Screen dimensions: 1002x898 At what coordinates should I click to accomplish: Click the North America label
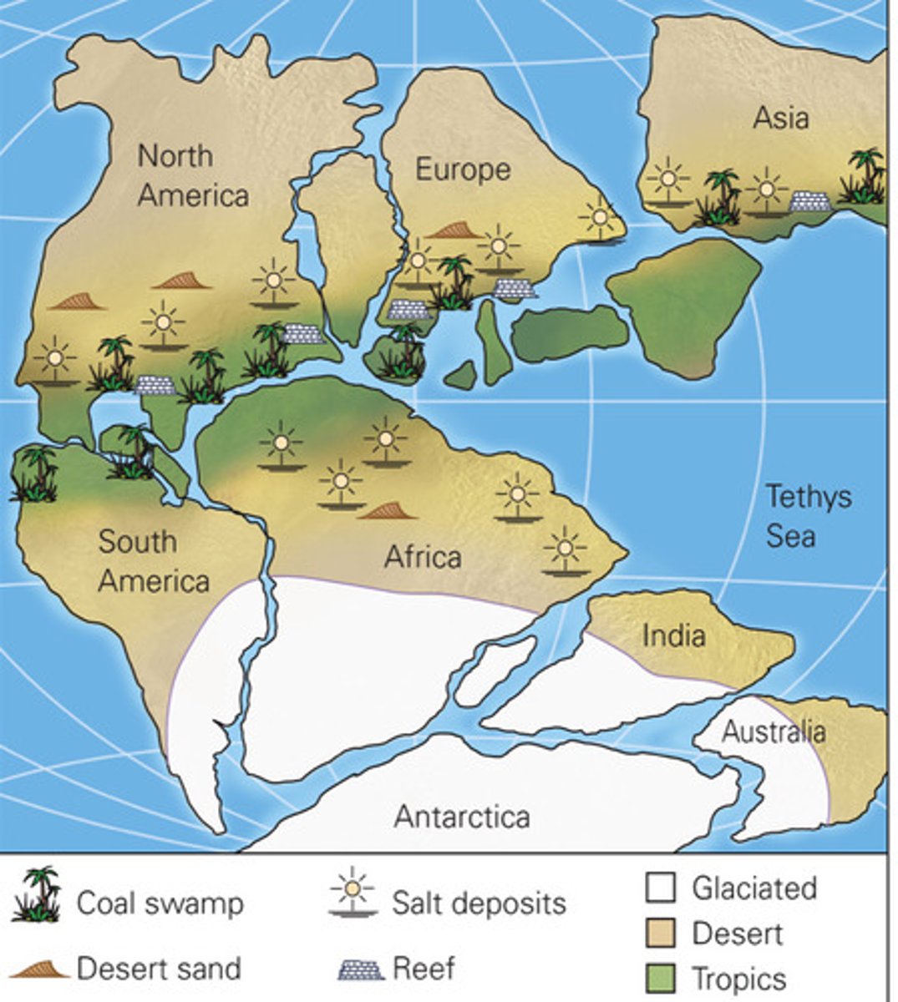193,175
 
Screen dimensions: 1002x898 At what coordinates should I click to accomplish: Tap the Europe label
463,170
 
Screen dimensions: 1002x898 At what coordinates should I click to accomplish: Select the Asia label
781,118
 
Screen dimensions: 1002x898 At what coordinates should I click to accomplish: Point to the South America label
153,560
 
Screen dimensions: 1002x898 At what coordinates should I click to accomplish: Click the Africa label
423,556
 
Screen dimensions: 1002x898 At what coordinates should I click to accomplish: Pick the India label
673,636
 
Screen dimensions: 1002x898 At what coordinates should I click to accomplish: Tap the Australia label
774,732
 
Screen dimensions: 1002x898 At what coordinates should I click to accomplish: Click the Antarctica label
462,816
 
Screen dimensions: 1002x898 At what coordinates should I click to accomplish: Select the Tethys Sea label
808,515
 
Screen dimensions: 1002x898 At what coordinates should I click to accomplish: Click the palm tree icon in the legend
38,894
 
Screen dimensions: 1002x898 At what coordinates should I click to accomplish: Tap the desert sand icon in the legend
40,968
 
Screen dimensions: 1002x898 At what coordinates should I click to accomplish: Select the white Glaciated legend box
659,888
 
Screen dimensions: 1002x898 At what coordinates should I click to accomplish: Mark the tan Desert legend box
659,933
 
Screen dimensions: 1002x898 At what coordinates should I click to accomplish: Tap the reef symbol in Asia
809,201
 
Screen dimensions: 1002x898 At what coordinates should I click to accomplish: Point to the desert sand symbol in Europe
454,230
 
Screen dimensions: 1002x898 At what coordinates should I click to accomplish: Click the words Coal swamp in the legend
160,903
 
